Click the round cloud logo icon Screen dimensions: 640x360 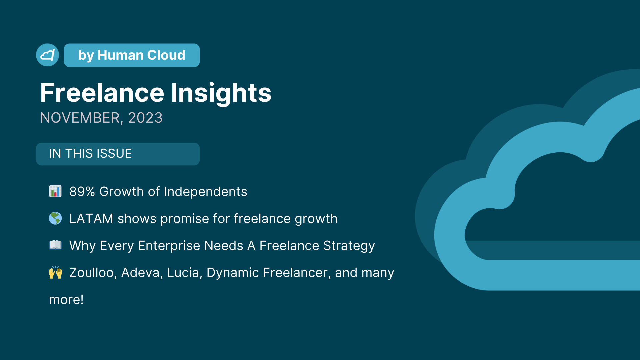coord(47,55)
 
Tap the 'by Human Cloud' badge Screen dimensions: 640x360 coord(132,55)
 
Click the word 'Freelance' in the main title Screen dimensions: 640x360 coord(102,93)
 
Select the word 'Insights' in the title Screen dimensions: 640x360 coord(221,93)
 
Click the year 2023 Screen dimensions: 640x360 coord(145,118)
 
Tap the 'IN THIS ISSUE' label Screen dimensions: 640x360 coord(90,154)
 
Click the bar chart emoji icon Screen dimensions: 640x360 coord(55,191)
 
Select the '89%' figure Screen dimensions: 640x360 coord(82,192)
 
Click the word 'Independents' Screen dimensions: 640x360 coord(205,192)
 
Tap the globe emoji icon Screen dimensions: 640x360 coord(55,218)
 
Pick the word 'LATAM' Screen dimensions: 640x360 coord(91,219)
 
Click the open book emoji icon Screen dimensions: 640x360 coord(55,245)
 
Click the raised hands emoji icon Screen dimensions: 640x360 coord(55,272)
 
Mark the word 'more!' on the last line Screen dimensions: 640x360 coord(66,300)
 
